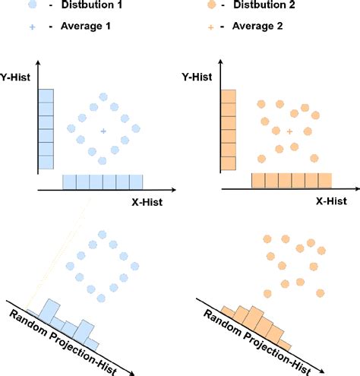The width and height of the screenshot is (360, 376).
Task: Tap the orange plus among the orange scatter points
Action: pos(290,132)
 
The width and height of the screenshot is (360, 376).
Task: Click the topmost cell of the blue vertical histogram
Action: pos(45,96)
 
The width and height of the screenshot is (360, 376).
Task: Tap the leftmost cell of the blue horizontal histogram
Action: pos(68,182)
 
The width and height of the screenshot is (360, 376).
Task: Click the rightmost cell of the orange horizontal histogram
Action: pos(324,182)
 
